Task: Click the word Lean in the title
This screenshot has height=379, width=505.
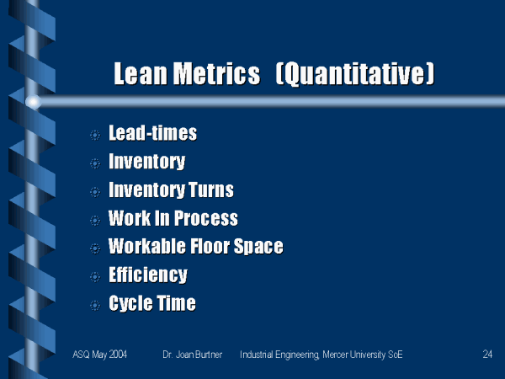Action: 141,74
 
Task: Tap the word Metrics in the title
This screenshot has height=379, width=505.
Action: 217,74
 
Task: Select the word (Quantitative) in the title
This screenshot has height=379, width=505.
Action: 355,75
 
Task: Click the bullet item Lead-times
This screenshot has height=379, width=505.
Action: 152,133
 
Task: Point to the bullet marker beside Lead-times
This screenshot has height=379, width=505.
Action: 95,135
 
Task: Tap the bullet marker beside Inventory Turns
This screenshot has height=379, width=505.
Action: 95,192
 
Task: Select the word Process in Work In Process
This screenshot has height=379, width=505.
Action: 206,218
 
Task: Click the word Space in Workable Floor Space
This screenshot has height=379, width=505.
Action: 258,247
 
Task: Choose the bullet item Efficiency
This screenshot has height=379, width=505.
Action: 148,275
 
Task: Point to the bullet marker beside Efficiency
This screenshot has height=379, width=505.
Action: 95,277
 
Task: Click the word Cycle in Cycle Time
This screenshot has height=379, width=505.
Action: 130,303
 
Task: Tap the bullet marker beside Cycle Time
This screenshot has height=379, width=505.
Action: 95,305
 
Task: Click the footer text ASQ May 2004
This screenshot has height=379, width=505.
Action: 100,355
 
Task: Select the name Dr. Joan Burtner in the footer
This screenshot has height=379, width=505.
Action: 192,355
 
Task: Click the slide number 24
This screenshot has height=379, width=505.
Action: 487,355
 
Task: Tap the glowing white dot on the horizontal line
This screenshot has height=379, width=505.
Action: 33,102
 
